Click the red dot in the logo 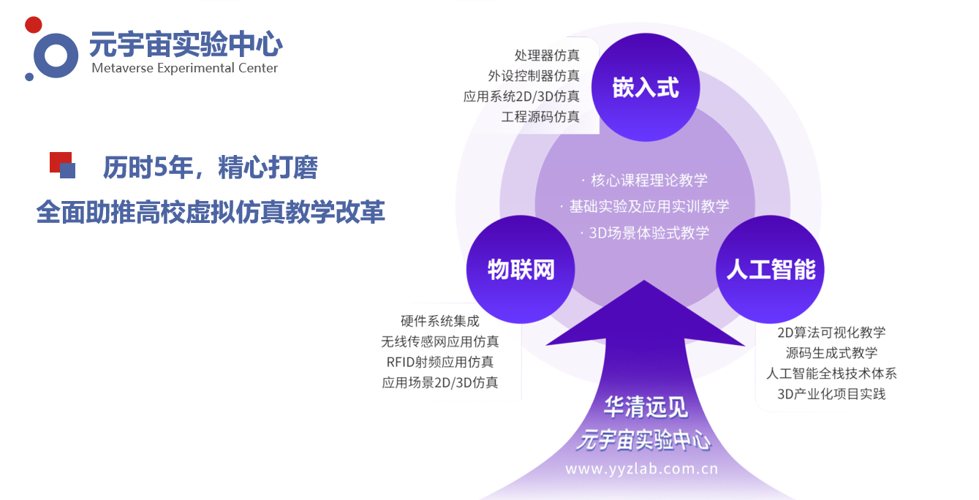tap(33, 25)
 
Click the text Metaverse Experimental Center tap(184, 68)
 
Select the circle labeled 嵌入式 tap(646, 88)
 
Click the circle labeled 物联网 tap(521, 269)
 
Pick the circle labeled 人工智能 tap(770, 269)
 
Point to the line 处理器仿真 tap(547, 56)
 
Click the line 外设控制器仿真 tap(534, 76)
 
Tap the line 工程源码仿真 tap(540, 117)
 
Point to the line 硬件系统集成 tap(440, 321)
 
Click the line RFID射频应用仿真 tap(440, 362)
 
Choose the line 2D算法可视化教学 tap(831, 333)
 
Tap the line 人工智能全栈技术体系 tap(831, 374)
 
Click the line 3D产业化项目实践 tap(831, 394)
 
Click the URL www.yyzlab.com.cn tap(642, 469)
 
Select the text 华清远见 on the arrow tap(646, 407)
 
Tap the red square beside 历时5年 tap(60, 162)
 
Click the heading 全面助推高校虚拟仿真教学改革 tap(211, 212)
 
